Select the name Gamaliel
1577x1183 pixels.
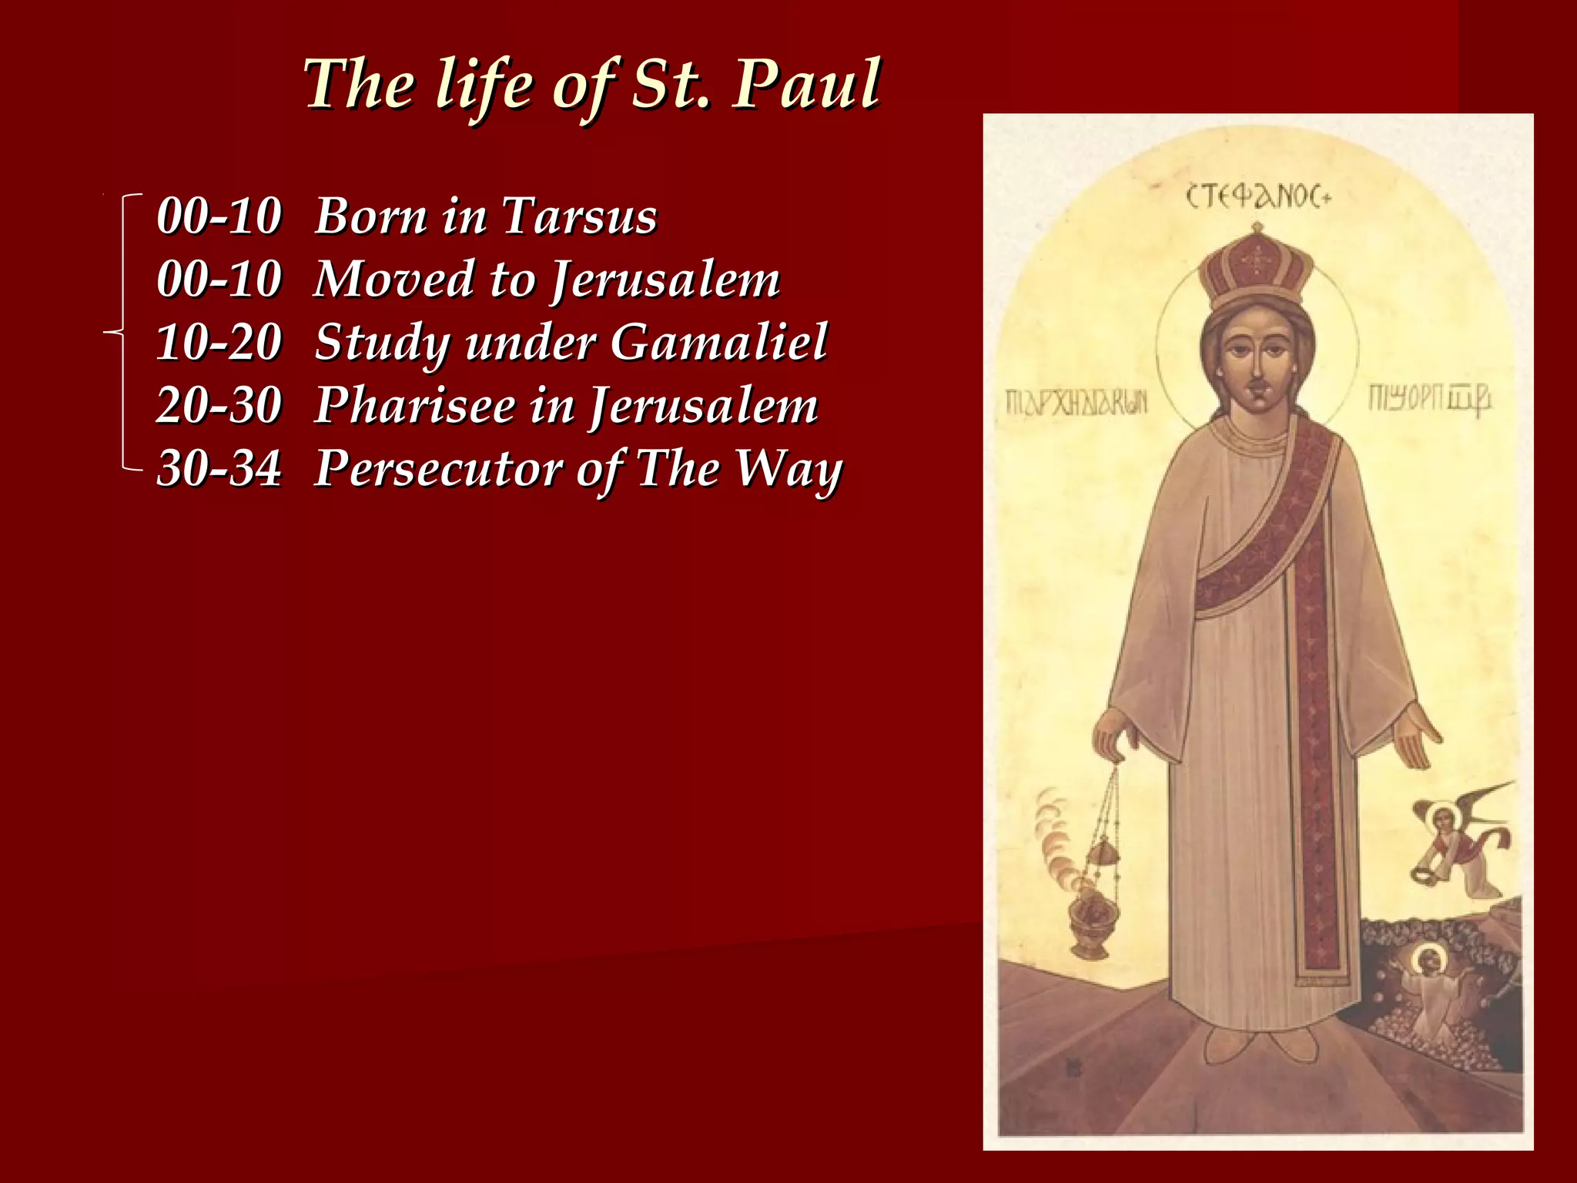719,342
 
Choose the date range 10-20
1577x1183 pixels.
219,342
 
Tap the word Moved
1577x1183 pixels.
393,279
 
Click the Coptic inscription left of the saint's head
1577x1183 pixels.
1076,401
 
